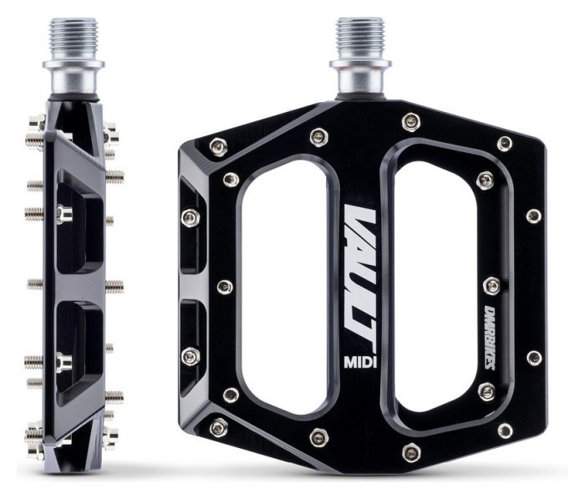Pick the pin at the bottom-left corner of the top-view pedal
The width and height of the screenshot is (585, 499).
coord(220,428)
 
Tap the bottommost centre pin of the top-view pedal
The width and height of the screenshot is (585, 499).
coord(409,452)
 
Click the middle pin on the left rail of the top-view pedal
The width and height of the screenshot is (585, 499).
coord(223,287)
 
